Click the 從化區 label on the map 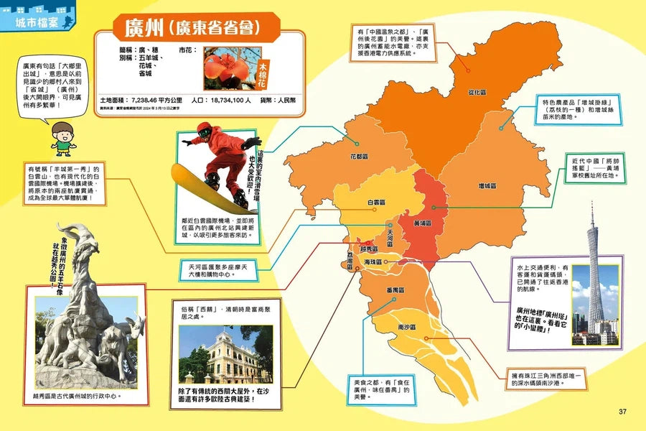click(478, 93)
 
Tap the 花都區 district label click(359, 156)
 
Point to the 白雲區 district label click(378, 203)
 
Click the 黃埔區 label click(423, 223)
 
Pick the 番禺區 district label click(396, 290)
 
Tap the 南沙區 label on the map click(408, 327)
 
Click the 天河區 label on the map click(390, 238)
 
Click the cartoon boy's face click(63, 134)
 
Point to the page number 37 click(622, 412)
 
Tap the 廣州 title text click(144, 28)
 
